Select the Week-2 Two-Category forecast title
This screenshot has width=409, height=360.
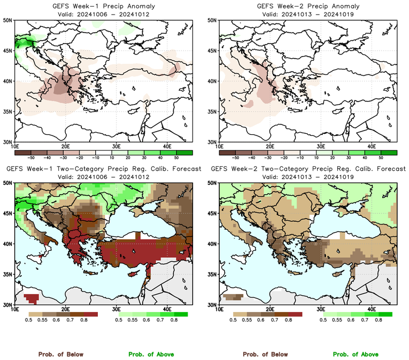pos(308,169)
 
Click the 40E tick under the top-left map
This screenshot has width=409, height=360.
pos(166,146)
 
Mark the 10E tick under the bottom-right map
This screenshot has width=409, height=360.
pos(219,309)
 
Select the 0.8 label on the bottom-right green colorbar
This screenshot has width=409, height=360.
pos(378,321)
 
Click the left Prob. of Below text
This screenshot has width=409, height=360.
pos(60,354)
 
